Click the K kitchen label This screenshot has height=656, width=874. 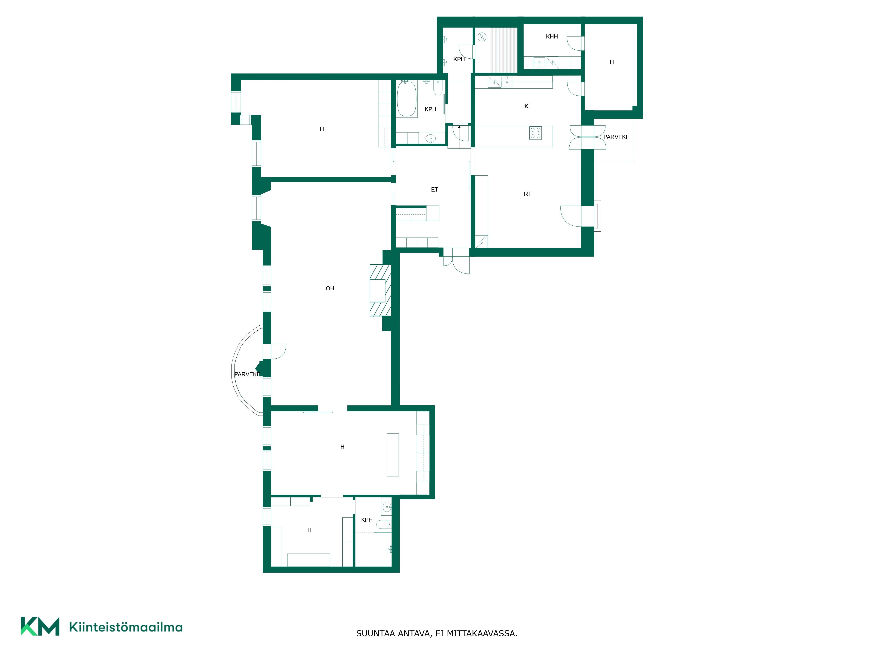click(526, 106)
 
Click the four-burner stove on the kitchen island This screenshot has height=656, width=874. click(535, 133)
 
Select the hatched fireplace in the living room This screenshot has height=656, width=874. click(380, 290)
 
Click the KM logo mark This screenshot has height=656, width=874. click(40, 626)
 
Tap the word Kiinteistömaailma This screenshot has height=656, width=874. click(126, 627)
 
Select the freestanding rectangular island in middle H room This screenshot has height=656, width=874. click(393, 455)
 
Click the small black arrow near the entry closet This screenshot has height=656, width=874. click(459, 127)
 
